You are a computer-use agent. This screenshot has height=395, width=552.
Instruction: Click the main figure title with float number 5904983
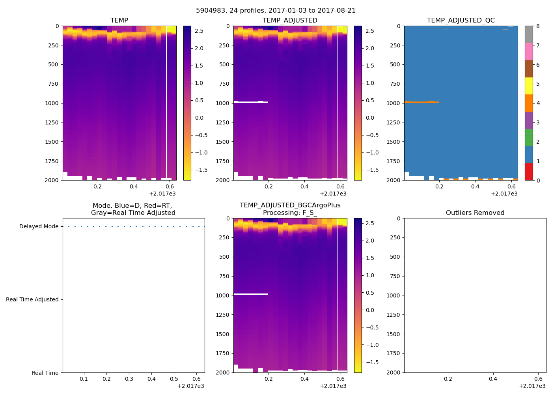coord(276,11)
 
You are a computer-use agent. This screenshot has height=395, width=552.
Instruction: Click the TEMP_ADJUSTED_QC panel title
coord(461,20)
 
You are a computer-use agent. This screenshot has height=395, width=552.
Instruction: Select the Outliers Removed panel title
coord(475,213)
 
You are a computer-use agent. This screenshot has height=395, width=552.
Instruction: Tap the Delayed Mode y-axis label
coord(39,226)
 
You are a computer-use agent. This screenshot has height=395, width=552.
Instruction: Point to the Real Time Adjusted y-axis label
coord(32,299)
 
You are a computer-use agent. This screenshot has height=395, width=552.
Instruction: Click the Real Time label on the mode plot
coord(45,373)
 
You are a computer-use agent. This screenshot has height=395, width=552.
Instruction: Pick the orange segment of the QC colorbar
coord(529,103)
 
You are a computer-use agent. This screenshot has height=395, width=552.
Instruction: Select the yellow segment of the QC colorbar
coord(529,86)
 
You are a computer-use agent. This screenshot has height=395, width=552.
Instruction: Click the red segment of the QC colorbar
coord(529,172)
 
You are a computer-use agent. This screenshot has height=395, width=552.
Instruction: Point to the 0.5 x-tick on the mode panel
coord(174,379)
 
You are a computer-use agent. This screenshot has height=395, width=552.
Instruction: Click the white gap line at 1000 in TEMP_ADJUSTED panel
coord(250,102)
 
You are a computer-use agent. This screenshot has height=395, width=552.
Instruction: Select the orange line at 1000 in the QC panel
coord(421,102)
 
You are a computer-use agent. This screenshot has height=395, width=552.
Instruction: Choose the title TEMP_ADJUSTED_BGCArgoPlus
coord(290,205)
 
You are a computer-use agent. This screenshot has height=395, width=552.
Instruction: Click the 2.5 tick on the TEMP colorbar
coord(199,31)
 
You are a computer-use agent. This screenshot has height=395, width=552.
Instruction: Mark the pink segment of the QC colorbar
coord(529,51)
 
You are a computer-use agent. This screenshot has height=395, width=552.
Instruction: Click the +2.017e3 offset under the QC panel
coord(504,194)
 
